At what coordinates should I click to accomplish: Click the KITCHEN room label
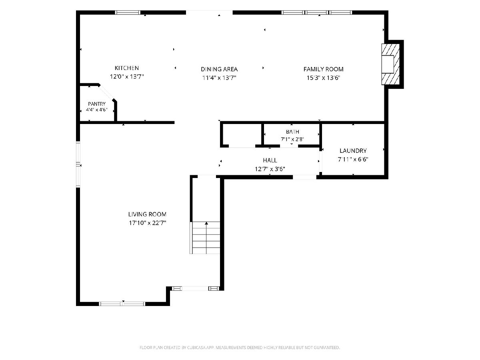point(127,68)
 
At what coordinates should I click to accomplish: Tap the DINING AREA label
point(219,69)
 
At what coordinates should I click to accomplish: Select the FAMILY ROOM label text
point(323,69)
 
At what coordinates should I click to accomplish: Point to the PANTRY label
point(97,104)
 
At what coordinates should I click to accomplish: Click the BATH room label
point(292,132)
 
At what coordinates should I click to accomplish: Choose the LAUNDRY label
point(353,151)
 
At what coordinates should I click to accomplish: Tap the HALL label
point(270,160)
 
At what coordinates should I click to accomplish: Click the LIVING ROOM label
point(147,214)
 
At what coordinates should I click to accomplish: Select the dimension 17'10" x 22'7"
point(147,223)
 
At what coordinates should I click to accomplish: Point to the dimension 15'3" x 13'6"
point(323,78)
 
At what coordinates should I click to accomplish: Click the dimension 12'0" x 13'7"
point(127,76)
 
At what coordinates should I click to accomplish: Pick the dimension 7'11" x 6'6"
point(353,159)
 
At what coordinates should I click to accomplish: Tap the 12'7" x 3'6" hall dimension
point(270,169)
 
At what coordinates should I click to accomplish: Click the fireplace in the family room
point(390,64)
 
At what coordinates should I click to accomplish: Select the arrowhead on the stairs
point(206,223)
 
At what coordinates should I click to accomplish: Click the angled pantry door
point(106,93)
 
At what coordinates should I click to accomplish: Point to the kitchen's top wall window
point(128,12)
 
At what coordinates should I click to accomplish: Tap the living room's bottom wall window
point(122,304)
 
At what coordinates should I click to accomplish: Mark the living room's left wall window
point(78,164)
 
